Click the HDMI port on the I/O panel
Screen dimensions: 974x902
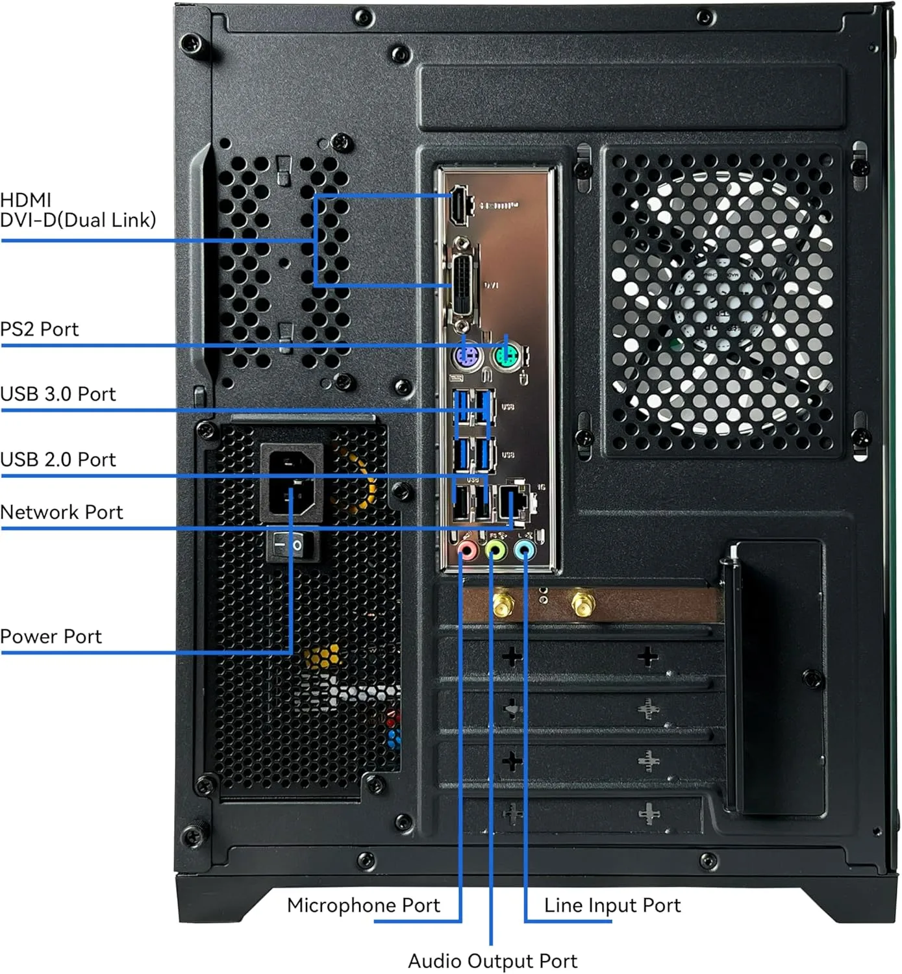460,205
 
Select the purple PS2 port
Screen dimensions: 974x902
467,357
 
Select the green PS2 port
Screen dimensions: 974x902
507,356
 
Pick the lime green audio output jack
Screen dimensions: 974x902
495,551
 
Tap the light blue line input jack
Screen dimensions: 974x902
524,551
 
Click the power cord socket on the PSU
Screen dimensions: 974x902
292,481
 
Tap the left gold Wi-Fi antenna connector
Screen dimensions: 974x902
501,604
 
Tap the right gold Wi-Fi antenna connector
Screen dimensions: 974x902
582,603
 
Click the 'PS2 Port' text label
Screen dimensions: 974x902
39,329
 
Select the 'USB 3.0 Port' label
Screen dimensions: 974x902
58,394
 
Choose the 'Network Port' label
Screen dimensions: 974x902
61,512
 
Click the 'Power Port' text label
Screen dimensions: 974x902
51,636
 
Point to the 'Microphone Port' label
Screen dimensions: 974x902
363,905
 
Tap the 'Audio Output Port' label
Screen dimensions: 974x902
492,961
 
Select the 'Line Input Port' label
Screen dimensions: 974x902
612,905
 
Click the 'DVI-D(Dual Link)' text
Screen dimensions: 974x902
78,220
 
